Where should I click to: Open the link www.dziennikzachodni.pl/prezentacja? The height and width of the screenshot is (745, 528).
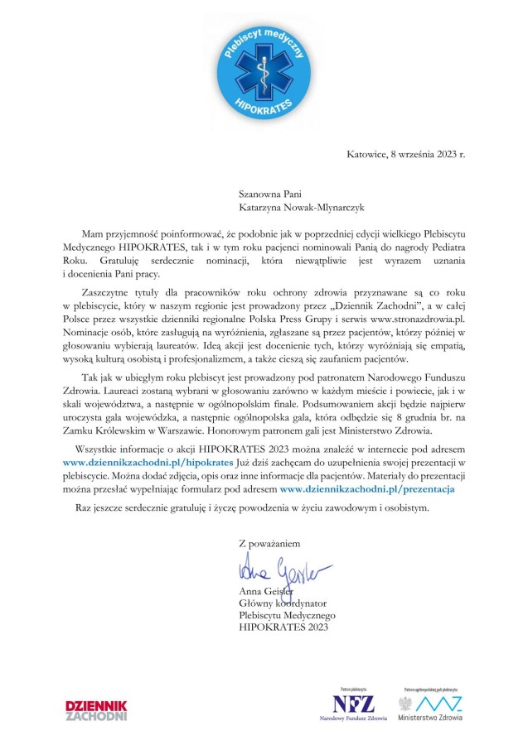point(367,490)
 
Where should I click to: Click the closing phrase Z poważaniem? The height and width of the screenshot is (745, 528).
point(269,544)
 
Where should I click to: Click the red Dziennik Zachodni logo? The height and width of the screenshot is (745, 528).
point(96,709)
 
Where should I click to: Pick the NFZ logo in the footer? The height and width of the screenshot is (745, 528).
point(353,704)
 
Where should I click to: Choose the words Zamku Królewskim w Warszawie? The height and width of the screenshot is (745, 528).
point(139,430)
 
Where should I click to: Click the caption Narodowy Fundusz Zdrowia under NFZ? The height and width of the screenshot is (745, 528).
point(353,719)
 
